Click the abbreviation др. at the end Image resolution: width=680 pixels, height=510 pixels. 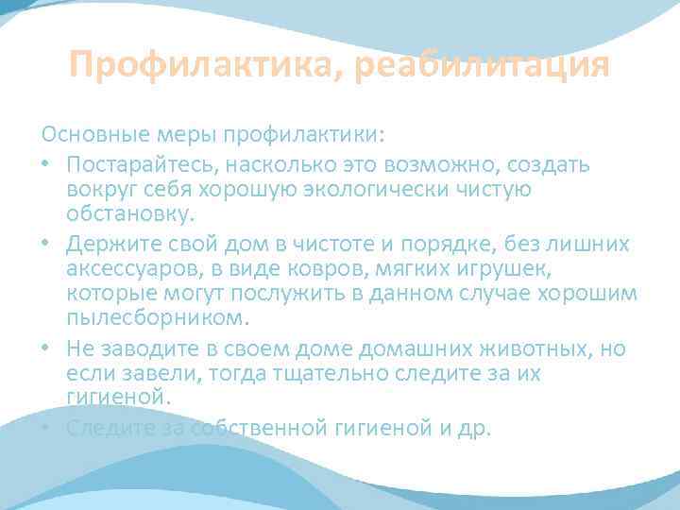click(473, 427)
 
